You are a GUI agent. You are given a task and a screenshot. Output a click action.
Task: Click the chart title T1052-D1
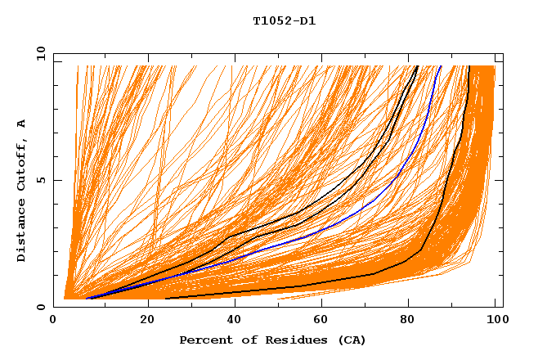[285, 20]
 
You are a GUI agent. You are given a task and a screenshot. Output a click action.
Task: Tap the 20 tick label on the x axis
[147, 319]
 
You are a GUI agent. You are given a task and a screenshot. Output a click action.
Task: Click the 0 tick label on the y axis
[41, 307]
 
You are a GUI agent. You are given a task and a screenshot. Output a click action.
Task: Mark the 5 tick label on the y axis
[41, 180]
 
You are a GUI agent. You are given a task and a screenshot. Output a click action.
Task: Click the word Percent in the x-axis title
[205, 340]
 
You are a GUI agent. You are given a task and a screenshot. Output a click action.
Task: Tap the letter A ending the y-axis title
[21, 124]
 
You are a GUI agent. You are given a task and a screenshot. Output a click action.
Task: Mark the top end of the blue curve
[441, 65]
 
